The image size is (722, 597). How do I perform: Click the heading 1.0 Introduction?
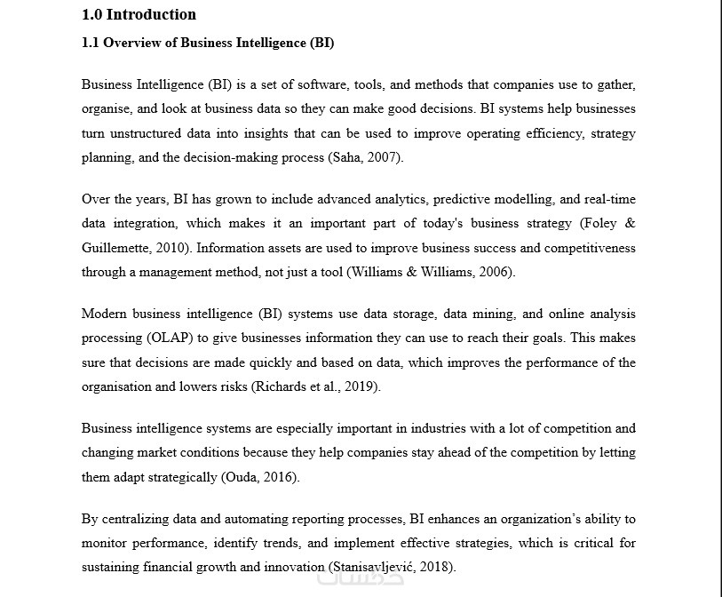click(139, 14)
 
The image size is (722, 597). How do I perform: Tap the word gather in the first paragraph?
click(616, 85)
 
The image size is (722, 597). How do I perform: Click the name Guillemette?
click(115, 248)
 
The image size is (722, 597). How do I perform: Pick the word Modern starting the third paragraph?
click(103, 314)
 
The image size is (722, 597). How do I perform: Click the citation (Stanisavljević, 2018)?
click(393, 567)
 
